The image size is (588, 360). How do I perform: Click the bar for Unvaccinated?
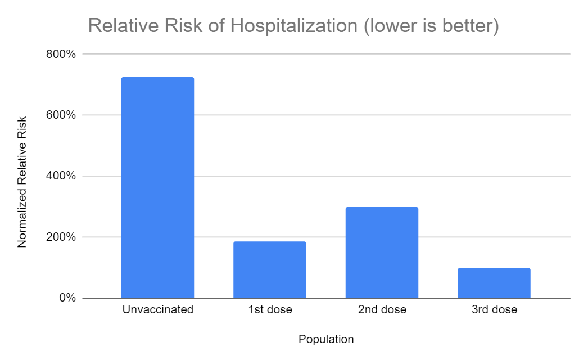157,187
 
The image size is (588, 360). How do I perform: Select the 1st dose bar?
270,269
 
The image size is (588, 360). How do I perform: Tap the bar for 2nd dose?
382,253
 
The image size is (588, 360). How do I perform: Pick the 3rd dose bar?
494,283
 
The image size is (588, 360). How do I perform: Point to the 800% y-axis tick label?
62,55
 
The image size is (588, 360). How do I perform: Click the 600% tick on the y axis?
62,115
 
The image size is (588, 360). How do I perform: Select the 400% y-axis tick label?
62,176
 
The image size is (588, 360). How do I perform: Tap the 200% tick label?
62,237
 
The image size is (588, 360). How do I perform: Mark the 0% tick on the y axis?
67,298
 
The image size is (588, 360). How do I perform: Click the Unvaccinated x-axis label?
157,309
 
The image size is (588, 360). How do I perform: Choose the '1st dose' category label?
270,309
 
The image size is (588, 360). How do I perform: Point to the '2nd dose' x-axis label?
382,309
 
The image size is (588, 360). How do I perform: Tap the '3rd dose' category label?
494,309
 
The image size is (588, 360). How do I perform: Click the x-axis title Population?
326,339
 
